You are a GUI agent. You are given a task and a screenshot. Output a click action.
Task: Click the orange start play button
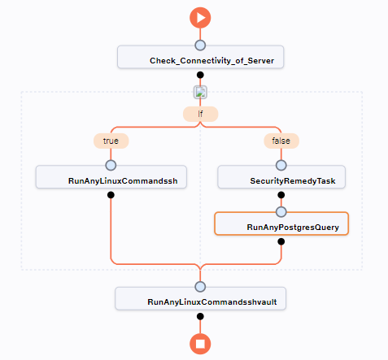pos(200,17)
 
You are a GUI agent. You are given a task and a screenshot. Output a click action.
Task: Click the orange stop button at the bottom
pos(200,345)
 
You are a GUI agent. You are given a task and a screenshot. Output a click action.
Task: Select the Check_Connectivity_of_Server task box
pos(200,59)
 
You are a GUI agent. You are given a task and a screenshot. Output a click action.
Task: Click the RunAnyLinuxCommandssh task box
pos(111,178)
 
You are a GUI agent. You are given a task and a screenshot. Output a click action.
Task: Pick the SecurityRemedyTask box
pos(281,178)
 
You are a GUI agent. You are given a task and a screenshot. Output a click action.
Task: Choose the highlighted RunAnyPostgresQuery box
pos(281,223)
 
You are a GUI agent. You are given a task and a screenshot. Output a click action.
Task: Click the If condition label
pos(200,115)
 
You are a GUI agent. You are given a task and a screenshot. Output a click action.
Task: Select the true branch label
pos(111,140)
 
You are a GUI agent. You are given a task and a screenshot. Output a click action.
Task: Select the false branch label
pos(281,140)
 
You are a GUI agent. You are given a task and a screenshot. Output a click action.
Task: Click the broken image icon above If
pos(200,92)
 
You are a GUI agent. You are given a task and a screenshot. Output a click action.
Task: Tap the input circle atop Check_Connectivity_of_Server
pos(200,46)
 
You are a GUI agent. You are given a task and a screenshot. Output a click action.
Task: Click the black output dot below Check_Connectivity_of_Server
pos(200,75)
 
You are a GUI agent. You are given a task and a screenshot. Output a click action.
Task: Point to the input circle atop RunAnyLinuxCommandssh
pos(111,165)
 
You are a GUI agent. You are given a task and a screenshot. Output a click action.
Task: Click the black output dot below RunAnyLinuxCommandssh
pos(111,195)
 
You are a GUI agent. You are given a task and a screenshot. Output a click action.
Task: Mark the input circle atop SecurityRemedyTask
pos(281,165)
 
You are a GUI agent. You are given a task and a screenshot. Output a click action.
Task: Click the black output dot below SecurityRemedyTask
pos(281,195)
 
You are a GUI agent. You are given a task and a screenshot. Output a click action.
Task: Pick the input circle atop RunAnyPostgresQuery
pos(281,211)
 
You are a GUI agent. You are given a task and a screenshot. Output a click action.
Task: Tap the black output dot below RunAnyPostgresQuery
pos(281,241)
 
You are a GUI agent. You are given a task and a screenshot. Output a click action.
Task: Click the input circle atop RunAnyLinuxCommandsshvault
pos(200,286)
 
